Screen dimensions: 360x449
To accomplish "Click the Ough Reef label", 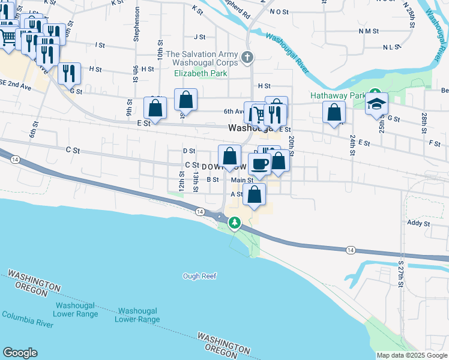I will [x=199, y=276].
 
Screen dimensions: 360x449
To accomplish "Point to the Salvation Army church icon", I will [x=247, y=58].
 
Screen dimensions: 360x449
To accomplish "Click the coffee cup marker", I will [x=260, y=164].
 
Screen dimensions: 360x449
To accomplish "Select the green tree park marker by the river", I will [x=235, y=223].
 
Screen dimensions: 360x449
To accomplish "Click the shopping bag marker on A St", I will [x=255, y=194].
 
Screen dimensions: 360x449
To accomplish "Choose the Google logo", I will [x=20, y=353].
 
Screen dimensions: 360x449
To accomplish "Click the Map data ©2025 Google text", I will [x=412, y=355].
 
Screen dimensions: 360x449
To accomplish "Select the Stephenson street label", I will [x=137, y=24].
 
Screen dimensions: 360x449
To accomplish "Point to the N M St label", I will [x=369, y=31].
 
